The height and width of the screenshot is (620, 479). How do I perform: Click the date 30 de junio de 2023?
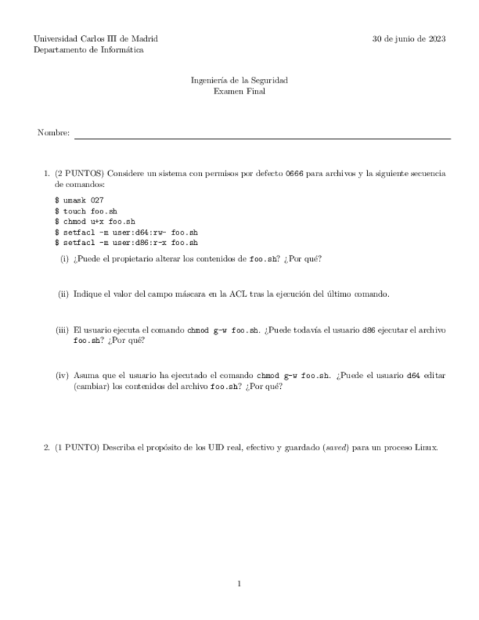409,39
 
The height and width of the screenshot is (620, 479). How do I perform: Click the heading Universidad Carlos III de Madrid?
96,39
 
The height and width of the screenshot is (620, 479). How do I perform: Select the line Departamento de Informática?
88,50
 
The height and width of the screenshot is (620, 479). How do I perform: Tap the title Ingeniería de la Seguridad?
239,80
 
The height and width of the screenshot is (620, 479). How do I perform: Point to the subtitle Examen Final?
239,91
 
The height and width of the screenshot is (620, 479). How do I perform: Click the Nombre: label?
53,133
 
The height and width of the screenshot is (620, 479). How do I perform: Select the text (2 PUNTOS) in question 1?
80,174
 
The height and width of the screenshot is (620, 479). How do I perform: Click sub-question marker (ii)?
64,294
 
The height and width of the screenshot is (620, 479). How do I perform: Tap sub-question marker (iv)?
63,375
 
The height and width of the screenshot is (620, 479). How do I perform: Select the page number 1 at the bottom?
239,583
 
